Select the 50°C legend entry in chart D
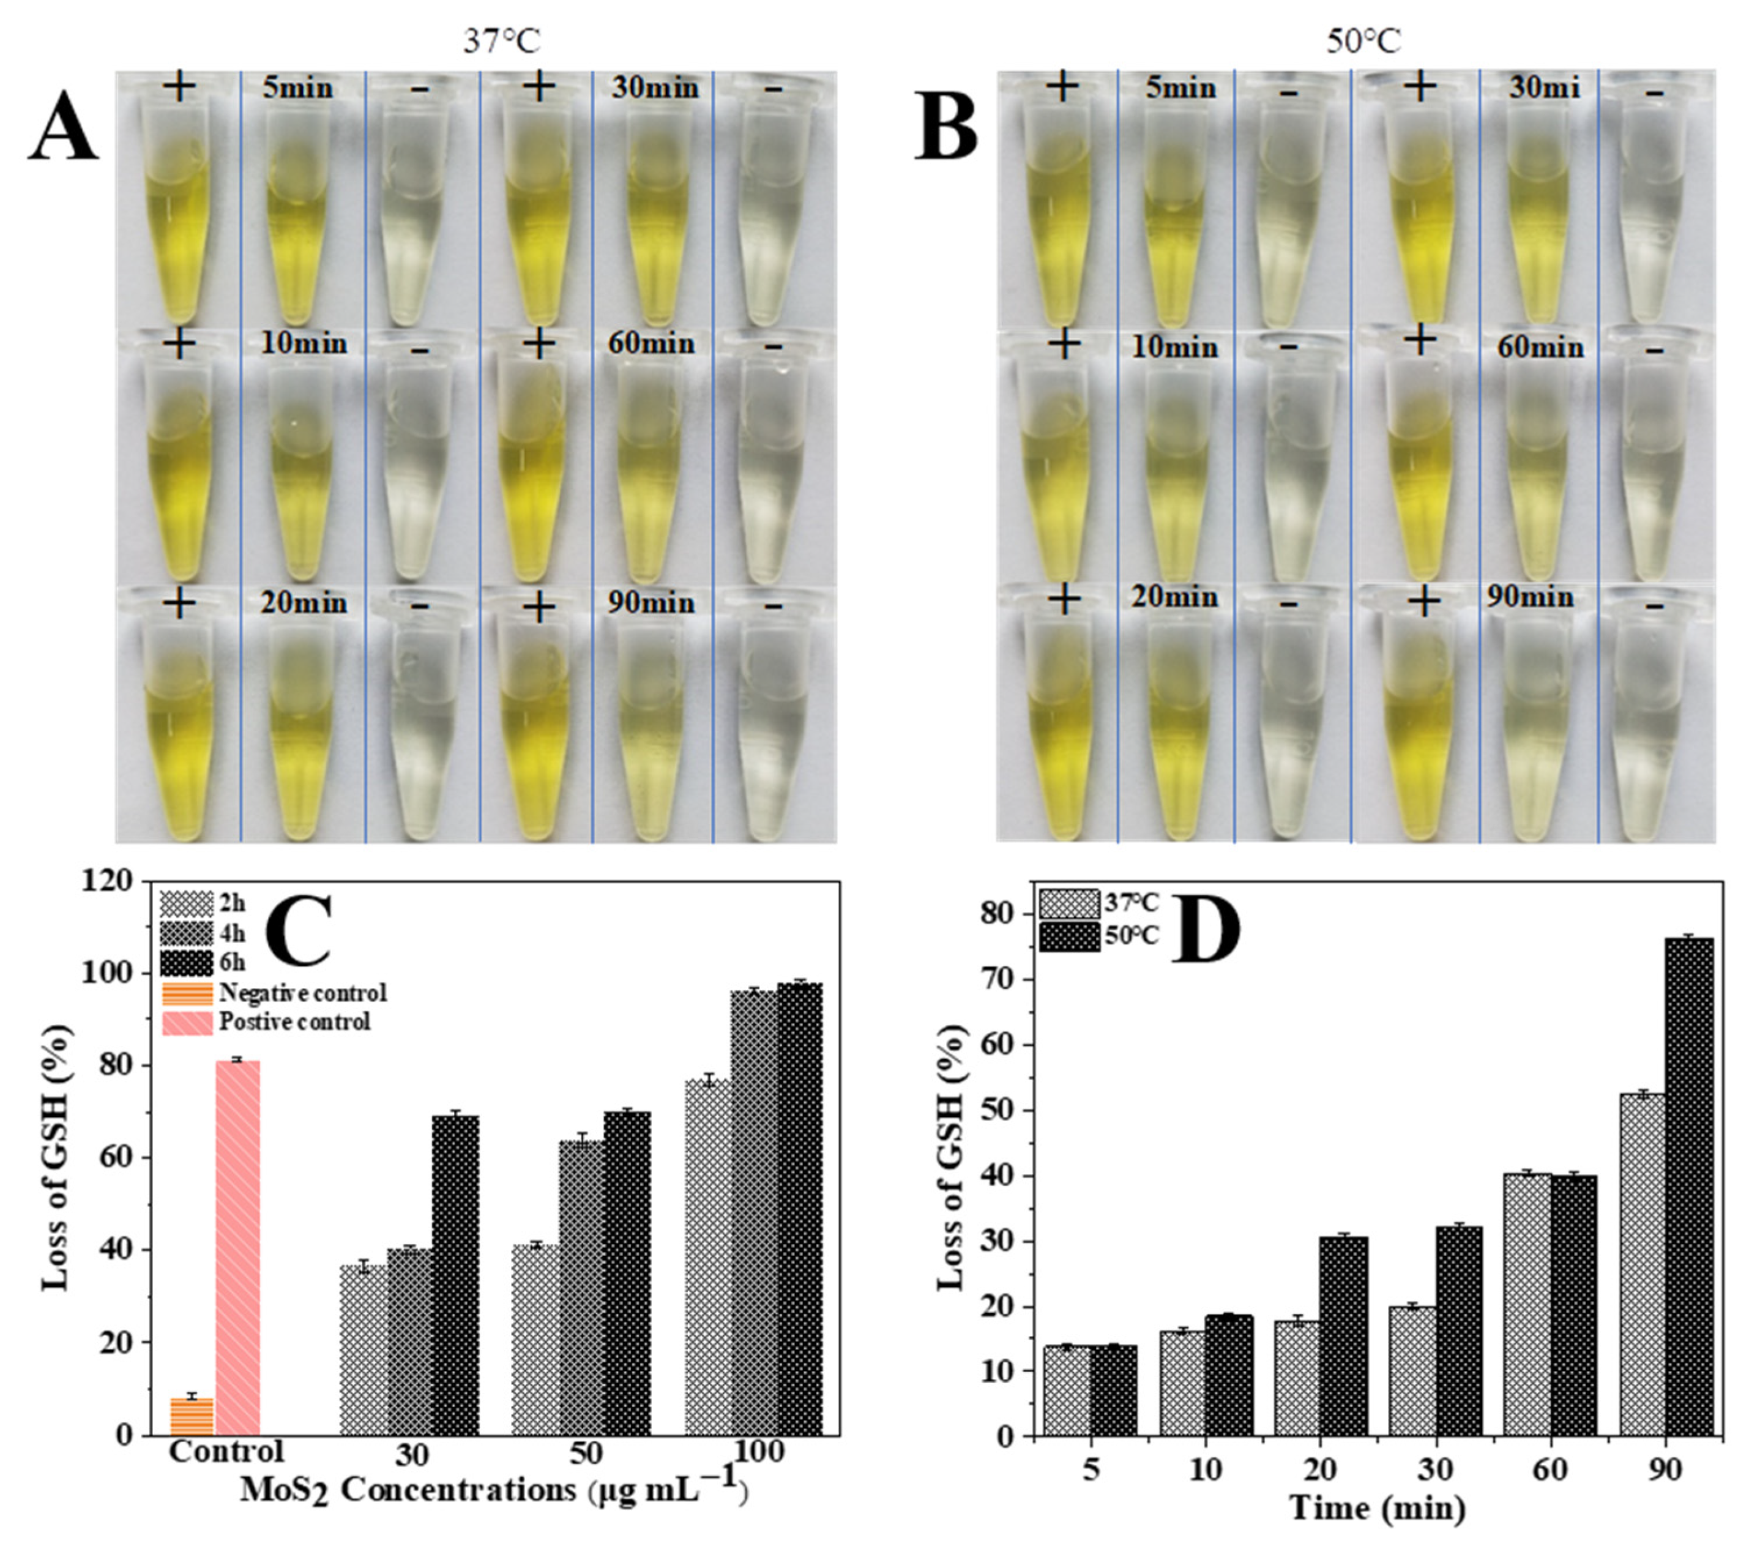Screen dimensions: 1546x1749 1100,935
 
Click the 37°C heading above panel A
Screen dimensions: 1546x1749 503,41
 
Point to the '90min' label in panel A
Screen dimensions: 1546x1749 652,603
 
